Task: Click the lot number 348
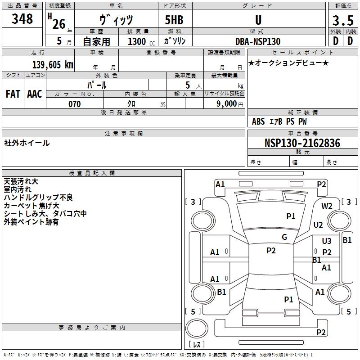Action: pos(22,18)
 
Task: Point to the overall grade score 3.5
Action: pos(343,20)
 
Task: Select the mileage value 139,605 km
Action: pos(53,64)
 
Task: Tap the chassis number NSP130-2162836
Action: pos(302,143)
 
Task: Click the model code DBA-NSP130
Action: pos(258,41)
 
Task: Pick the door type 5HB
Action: pos(174,20)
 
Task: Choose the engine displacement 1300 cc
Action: pos(141,41)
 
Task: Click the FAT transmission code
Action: pos(13,94)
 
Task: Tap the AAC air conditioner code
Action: pos(35,94)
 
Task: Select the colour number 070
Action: pos(75,104)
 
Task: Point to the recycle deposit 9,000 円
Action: pos(229,104)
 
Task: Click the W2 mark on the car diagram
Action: pos(327,206)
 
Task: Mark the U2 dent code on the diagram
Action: pos(318,225)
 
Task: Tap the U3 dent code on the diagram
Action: pos(327,241)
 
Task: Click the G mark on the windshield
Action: pos(284,237)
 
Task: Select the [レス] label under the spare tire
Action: pos(197,344)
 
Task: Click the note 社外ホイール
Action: pos(27,143)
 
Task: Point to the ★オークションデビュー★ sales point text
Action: pos(288,63)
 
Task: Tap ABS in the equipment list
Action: pos(258,121)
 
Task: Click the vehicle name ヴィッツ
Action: pos(116,20)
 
